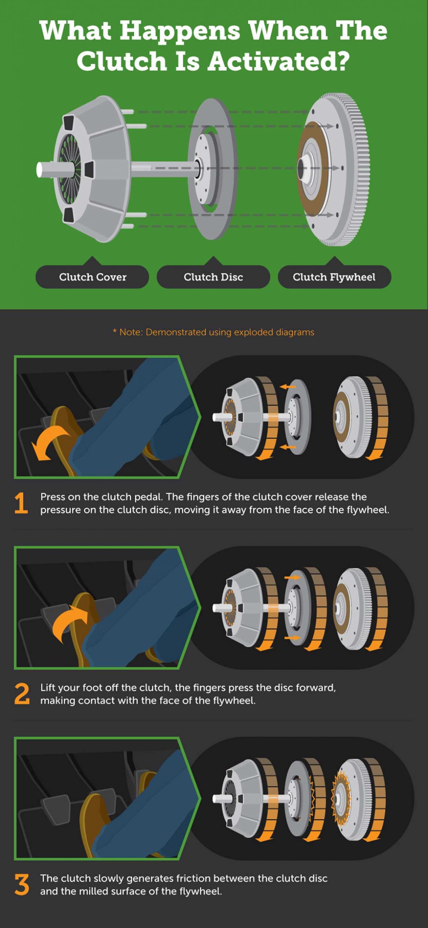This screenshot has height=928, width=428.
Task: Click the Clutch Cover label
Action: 92,277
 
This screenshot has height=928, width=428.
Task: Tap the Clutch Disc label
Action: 213,277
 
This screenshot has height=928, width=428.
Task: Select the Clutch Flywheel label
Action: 334,277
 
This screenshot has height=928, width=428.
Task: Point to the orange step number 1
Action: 21,503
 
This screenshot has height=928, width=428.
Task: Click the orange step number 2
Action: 22,694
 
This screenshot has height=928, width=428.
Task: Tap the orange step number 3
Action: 22,884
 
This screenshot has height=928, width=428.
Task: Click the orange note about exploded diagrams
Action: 213,332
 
